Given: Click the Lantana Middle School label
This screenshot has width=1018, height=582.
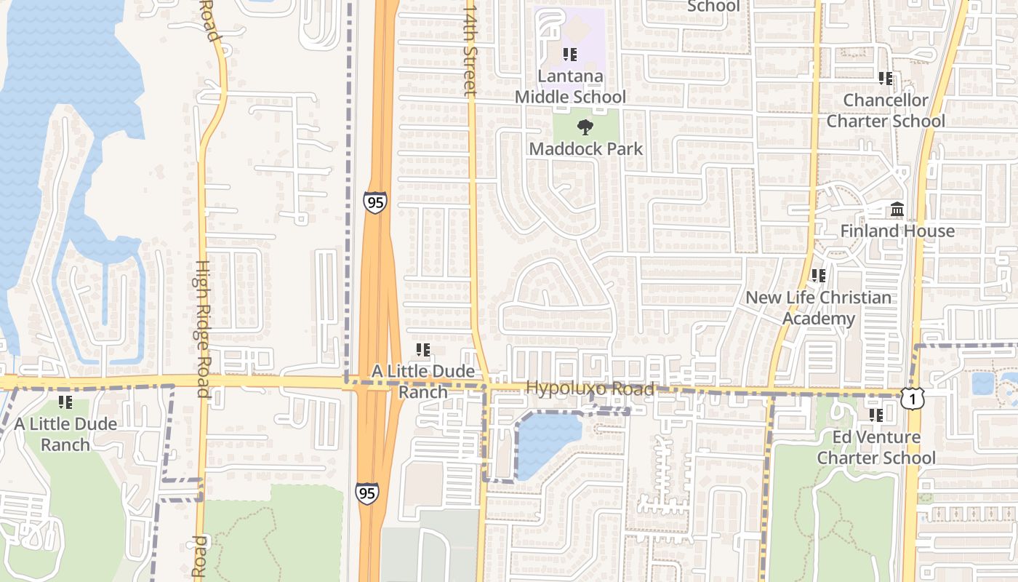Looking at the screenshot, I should tap(570, 87).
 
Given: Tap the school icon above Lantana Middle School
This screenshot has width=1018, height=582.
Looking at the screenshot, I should tap(570, 55).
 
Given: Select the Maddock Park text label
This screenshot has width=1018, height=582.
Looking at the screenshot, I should tap(585, 149).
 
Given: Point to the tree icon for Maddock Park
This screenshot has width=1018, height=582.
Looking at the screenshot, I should tap(585, 128).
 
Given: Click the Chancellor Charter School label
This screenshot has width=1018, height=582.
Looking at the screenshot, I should tap(886, 111).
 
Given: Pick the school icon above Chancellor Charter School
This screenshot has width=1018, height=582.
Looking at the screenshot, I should tap(885, 78).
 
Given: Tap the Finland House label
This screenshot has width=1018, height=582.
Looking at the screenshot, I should tap(897, 231).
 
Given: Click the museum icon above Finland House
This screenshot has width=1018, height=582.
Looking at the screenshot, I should tap(897, 210).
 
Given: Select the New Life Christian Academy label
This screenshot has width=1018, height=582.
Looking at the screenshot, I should tap(818, 308).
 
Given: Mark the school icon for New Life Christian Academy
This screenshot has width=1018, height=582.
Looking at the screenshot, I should tap(819, 276).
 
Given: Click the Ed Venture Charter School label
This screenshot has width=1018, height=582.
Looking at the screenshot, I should tap(876, 447).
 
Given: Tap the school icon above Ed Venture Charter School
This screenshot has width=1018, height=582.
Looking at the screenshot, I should tap(876, 415).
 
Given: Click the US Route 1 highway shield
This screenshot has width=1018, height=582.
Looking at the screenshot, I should tap(912, 398).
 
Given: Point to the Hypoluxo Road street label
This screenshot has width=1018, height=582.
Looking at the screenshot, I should tap(590, 388).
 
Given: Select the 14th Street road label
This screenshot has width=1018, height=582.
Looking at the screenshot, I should tap(470, 48).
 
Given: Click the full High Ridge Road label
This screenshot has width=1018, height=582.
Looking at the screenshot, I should tap(203, 329).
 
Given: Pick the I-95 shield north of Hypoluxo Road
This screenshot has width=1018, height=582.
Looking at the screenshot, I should tap(375, 202).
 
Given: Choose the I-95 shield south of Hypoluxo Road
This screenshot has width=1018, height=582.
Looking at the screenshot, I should tap(367, 493).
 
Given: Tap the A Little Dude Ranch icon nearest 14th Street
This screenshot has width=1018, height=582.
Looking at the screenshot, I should tap(422, 351).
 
